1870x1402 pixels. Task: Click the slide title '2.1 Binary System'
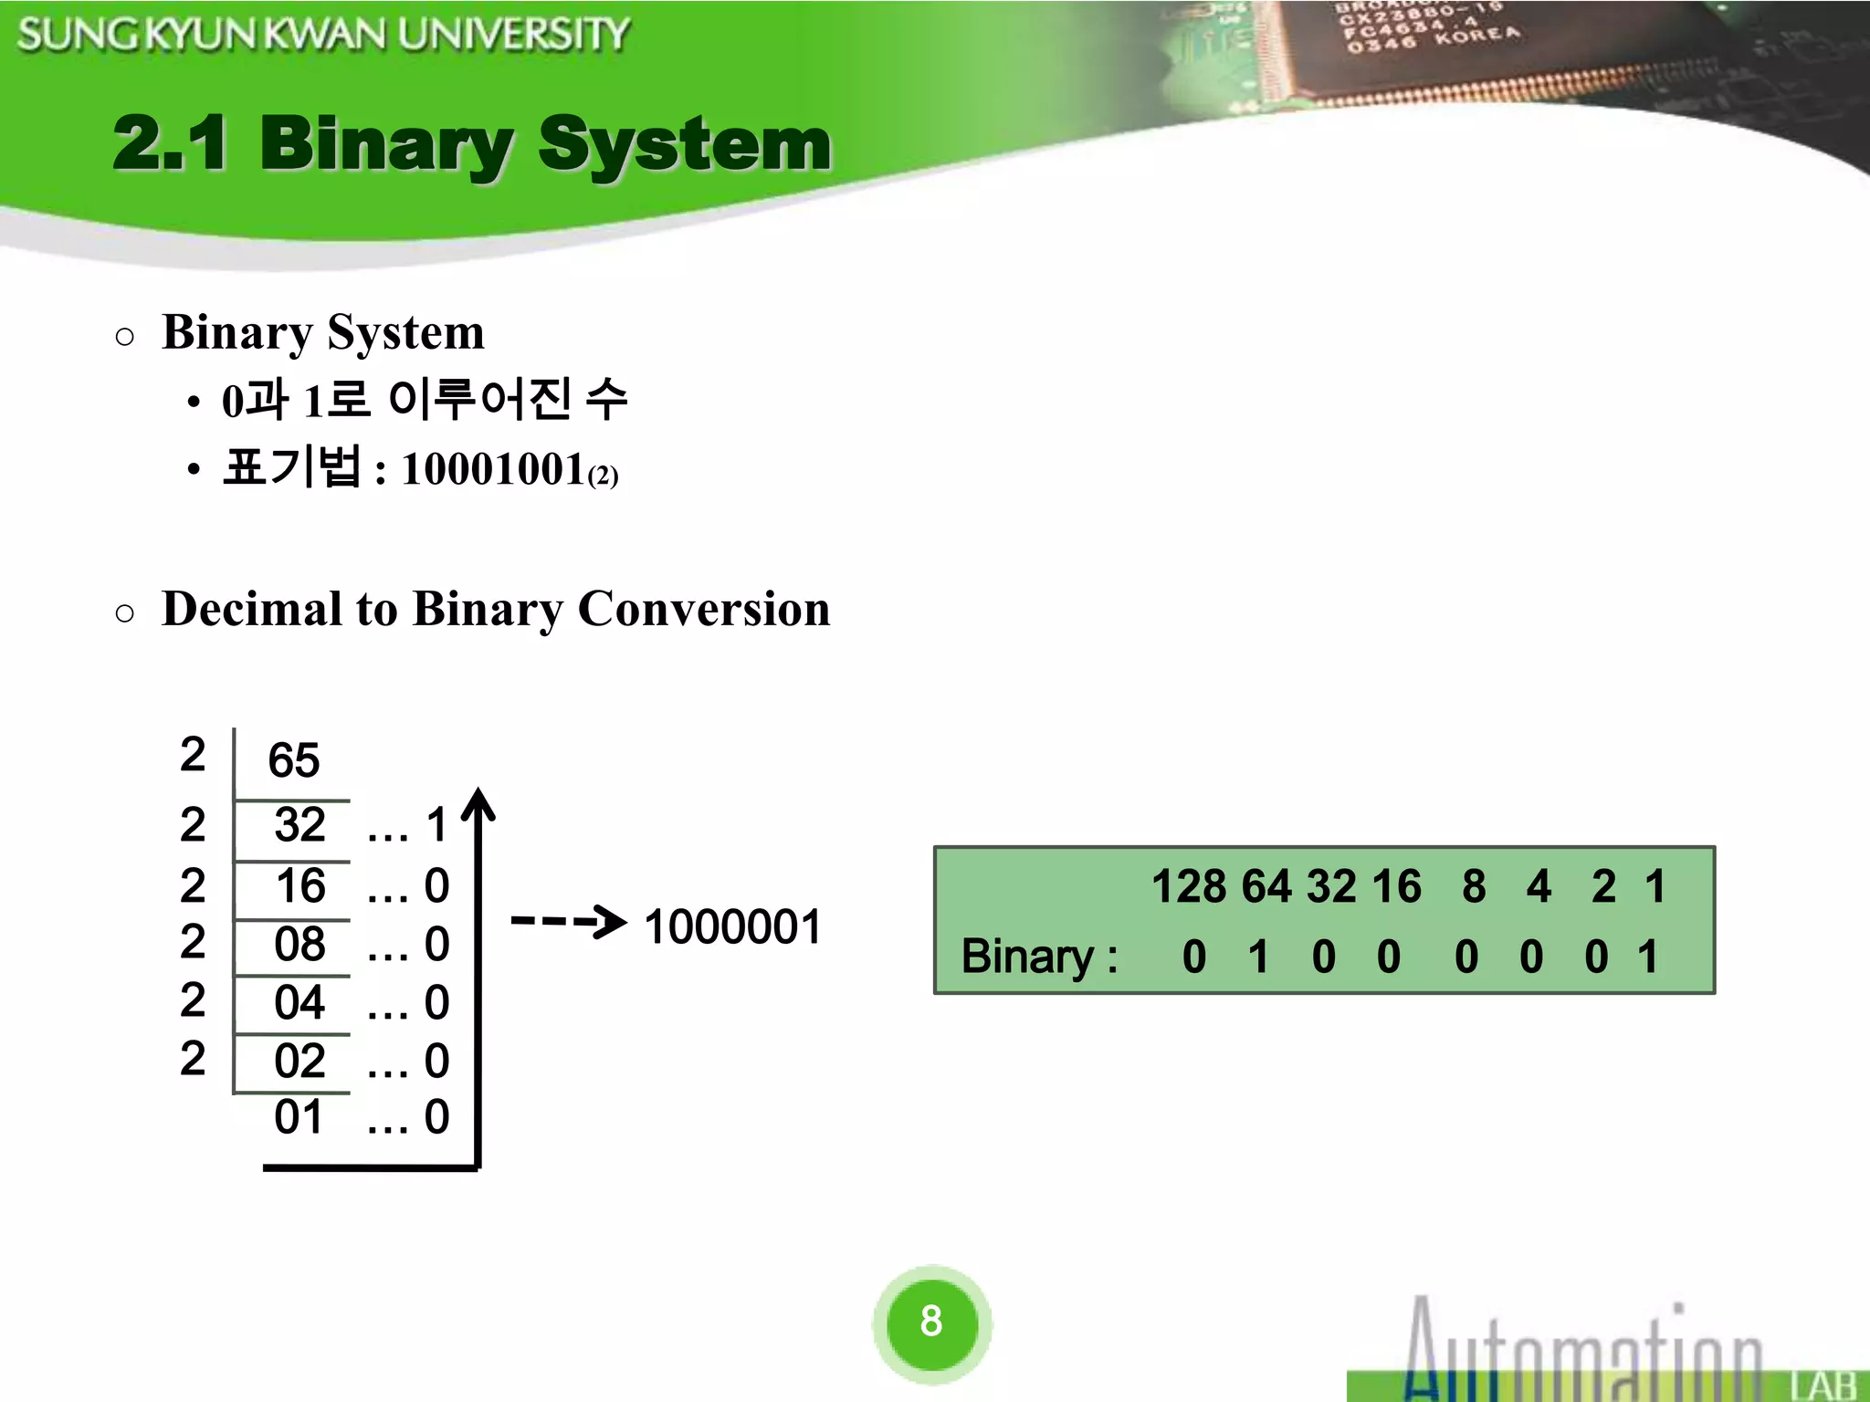pos(471,144)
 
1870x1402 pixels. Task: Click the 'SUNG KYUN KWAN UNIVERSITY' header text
pos(323,35)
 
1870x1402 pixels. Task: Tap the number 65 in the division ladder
pos(293,760)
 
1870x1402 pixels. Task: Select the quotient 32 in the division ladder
pos(299,825)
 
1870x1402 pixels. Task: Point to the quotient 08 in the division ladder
pos(299,944)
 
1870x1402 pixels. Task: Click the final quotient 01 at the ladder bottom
pos(299,1117)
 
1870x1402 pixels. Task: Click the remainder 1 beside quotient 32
pos(436,825)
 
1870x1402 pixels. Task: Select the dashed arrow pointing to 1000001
pos(568,921)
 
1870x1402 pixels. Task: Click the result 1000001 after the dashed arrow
pos(732,927)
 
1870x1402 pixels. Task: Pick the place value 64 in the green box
pos(1266,886)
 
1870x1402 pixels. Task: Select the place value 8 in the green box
pos(1473,886)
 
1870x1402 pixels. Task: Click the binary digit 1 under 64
pos(1258,957)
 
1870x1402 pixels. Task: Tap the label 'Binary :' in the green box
pos(1039,957)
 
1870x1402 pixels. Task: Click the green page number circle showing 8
pos(931,1321)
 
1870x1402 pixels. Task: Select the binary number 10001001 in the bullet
pos(493,469)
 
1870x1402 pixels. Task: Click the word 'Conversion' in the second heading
pos(704,609)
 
